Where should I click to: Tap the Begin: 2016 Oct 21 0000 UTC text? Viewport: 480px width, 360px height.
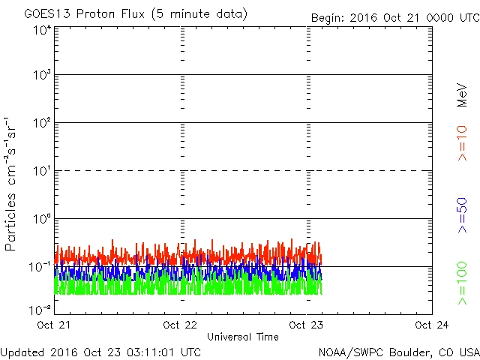click(394, 17)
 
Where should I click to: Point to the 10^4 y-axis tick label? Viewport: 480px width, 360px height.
click(41, 30)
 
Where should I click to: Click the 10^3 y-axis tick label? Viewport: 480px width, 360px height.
click(41, 76)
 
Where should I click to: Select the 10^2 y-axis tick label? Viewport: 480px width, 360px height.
click(41, 124)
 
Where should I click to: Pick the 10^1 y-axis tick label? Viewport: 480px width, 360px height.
click(41, 172)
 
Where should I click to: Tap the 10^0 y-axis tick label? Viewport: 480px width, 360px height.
click(41, 220)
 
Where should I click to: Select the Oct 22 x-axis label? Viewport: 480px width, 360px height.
click(180, 325)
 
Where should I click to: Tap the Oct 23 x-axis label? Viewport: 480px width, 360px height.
click(306, 325)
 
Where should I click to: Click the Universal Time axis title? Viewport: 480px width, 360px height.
click(242, 337)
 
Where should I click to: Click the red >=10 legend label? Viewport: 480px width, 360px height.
click(462, 142)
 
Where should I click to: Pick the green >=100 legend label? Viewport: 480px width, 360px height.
click(462, 283)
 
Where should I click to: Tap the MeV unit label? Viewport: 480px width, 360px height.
click(462, 94)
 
